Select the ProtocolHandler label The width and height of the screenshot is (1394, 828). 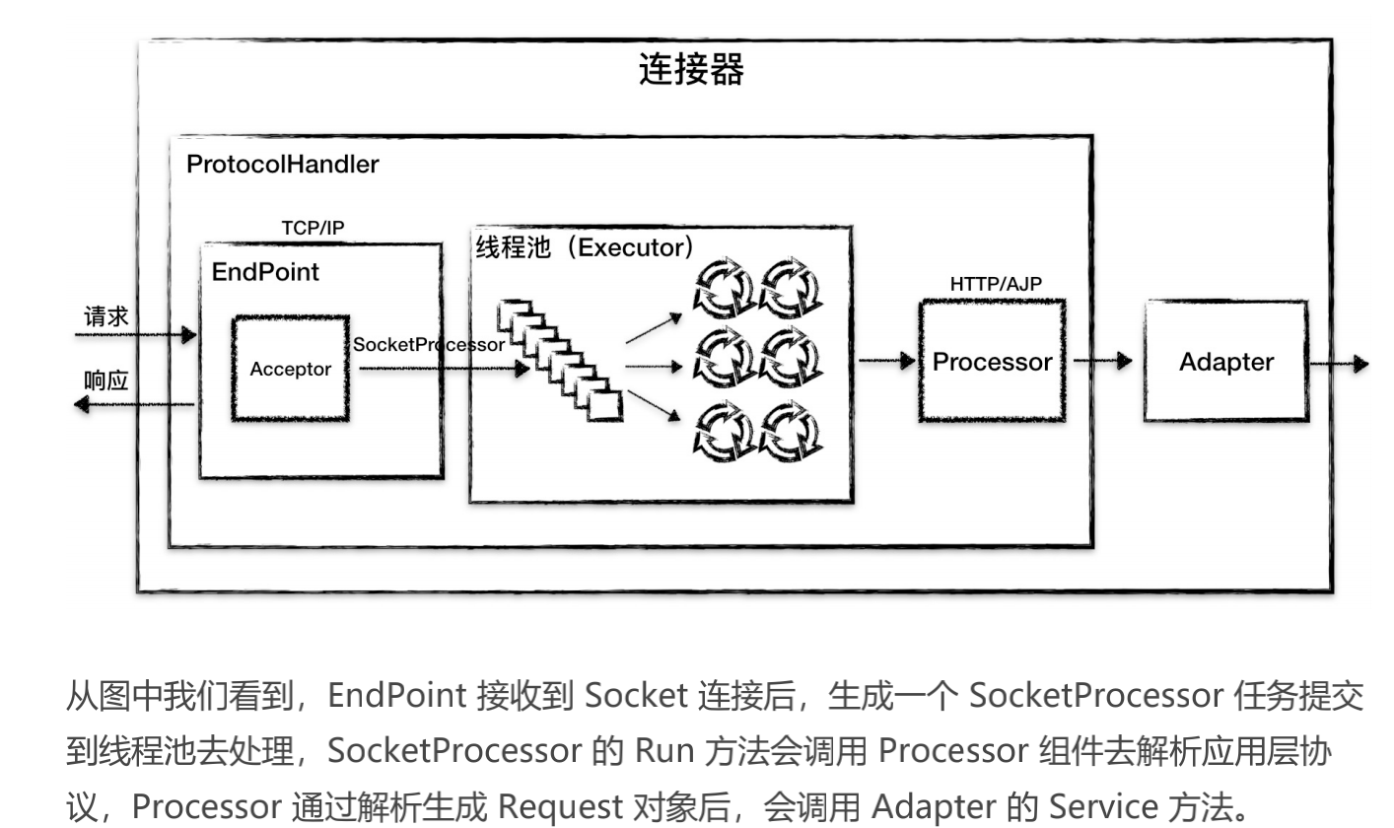(x=282, y=165)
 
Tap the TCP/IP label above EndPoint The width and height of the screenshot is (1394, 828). (x=313, y=228)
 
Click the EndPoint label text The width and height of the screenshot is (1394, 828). (x=265, y=272)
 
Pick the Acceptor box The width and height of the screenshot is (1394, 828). (x=290, y=369)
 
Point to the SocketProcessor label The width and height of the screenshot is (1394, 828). (x=428, y=345)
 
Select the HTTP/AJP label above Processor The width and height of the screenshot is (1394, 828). (x=995, y=284)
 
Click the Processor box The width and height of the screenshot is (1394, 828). (x=992, y=362)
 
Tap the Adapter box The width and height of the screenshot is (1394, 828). (x=1225, y=362)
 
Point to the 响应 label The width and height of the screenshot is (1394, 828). (x=105, y=380)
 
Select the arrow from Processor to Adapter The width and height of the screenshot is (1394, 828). (x=1103, y=362)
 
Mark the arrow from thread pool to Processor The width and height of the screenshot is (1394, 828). (x=887, y=362)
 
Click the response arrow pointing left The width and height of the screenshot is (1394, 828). (x=133, y=404)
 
